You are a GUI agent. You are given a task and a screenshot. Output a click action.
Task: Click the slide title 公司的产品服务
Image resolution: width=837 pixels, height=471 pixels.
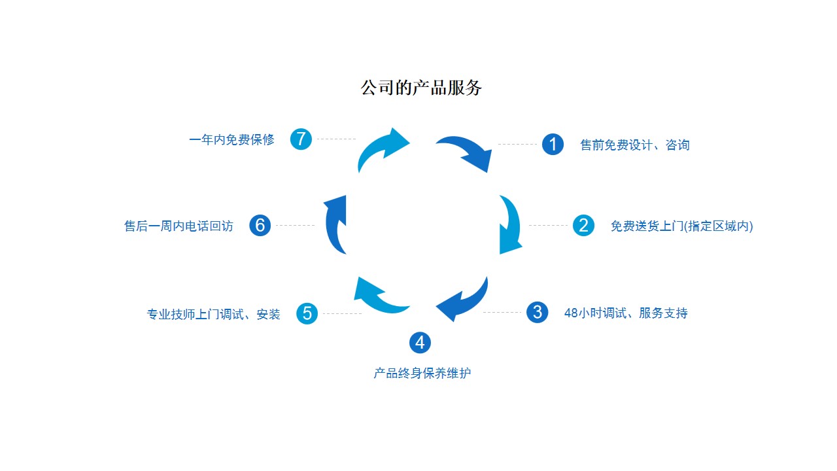(420, 88)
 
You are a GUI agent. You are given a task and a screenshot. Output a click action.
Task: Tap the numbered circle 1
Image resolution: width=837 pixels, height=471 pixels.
(553, 144)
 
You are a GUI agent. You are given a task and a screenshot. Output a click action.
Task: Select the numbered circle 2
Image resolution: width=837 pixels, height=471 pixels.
(583, 226)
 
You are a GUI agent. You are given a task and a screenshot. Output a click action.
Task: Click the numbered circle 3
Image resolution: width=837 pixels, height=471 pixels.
(537, 312)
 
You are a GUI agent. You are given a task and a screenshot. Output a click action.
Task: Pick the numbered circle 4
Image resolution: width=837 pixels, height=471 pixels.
(420, 342)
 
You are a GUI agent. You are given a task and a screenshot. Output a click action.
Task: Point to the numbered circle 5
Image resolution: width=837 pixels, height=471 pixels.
(307, 313)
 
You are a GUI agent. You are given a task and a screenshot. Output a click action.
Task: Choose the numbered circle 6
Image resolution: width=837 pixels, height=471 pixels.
(260, 226)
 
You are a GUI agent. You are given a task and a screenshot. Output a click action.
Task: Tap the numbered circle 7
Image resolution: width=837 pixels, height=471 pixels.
(301, 139)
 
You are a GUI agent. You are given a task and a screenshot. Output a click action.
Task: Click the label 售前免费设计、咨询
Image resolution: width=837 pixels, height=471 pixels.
(634, 145)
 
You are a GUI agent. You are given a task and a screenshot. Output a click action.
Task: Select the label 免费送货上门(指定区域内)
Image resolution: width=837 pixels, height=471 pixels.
(681, 226)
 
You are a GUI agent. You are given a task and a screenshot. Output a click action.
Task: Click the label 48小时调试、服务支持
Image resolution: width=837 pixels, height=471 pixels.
(626, 313)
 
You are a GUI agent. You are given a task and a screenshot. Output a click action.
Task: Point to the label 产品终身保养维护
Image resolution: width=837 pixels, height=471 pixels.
(422, 374)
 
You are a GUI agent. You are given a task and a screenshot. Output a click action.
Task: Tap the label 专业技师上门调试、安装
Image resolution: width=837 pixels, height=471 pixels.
(213, 314)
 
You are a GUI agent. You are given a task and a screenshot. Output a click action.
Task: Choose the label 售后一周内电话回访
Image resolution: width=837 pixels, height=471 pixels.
(179, 226)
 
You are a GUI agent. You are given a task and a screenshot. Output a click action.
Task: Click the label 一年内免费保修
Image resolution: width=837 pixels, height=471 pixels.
(231, 139)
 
